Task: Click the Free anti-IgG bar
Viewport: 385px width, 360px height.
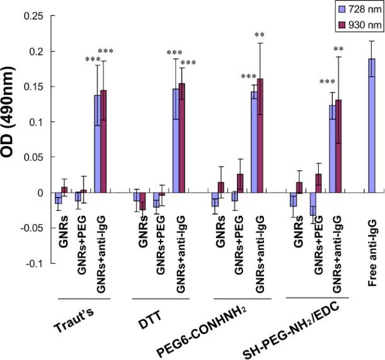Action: [372, 125]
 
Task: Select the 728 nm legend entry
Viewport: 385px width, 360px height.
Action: [359, 11]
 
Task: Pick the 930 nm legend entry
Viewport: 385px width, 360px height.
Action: [359, 25]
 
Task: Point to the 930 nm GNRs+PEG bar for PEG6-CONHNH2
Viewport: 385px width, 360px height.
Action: [240, 183]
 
